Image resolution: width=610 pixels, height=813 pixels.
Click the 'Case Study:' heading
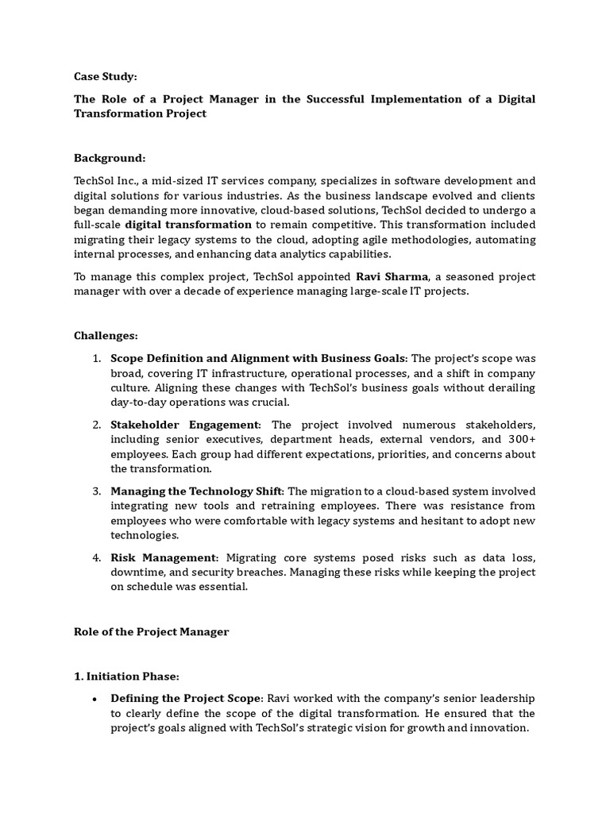point(106,76)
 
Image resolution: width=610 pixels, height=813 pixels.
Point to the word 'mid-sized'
point(168,180)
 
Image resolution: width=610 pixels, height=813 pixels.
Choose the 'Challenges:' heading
point(106,336)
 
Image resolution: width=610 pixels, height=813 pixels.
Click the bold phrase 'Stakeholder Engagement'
point(184,425)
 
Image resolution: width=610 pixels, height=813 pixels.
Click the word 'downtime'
point(137,572)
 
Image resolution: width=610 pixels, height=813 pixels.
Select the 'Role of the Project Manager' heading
point(151,632)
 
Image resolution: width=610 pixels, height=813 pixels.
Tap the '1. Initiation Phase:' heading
point(127,676)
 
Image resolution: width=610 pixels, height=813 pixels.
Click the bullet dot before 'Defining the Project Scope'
point(95,699)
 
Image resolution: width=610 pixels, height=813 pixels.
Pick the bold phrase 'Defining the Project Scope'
point(185,699)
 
